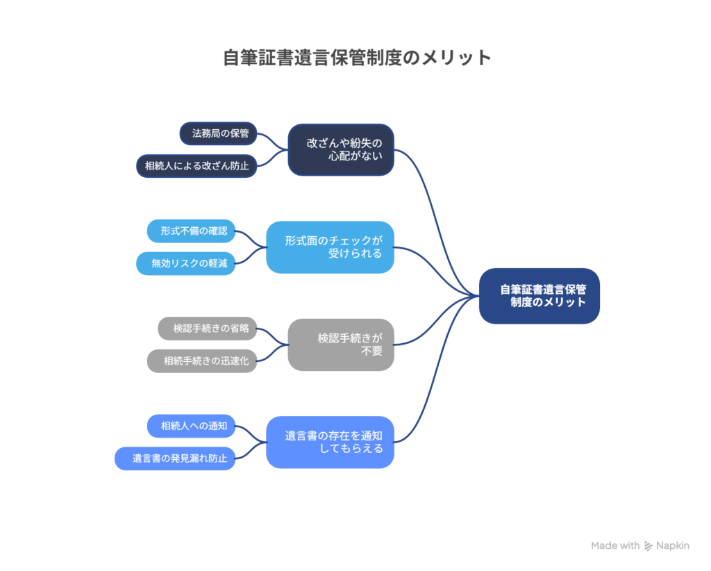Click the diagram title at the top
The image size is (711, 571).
point(357,57)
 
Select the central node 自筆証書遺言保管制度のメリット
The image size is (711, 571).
point(539,296)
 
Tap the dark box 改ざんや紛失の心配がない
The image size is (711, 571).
point(341,149)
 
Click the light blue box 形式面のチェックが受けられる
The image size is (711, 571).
point(330,247)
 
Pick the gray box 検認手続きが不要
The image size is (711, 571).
point(341,345)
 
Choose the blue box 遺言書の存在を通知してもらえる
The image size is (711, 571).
point(330,442)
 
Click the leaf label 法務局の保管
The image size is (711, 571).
point(218,133)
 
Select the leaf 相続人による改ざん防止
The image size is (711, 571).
point(196,166)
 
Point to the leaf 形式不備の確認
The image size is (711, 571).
point(192,231)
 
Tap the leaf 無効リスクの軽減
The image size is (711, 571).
point(186,263)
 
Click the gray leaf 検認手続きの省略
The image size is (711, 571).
point(208,328)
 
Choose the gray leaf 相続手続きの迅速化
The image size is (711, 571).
point(202,361)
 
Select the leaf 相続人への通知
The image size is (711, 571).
point(192,426)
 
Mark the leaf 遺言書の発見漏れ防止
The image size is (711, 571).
point(175,458)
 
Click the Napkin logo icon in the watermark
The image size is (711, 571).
point(649,546)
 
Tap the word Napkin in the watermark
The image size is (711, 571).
point(673,546)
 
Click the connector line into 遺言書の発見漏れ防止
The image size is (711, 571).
point(249,454)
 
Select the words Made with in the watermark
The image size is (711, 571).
point(615,546)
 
